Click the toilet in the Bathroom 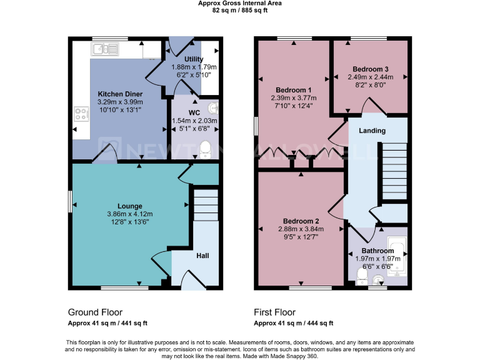pos(361,276)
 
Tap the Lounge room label pos(130,206)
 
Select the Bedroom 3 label pos(370,69)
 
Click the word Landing pos(372,131)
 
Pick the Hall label pos(202,256)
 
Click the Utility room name pos(194,59)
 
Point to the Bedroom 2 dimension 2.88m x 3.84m pos(301,229)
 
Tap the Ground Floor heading pos(95,312)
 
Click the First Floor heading pos(274,312)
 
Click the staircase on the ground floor pos(205,205)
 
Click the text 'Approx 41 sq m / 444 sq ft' pos(293,323)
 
